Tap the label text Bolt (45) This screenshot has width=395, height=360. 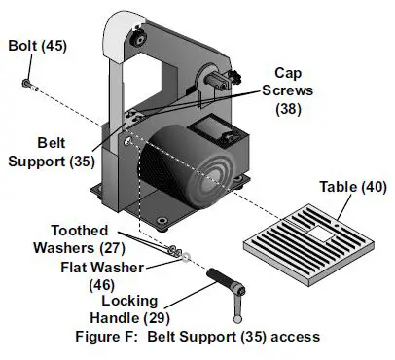click(x=38, y=46)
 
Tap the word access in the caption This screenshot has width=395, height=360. click(x=294, y=336)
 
